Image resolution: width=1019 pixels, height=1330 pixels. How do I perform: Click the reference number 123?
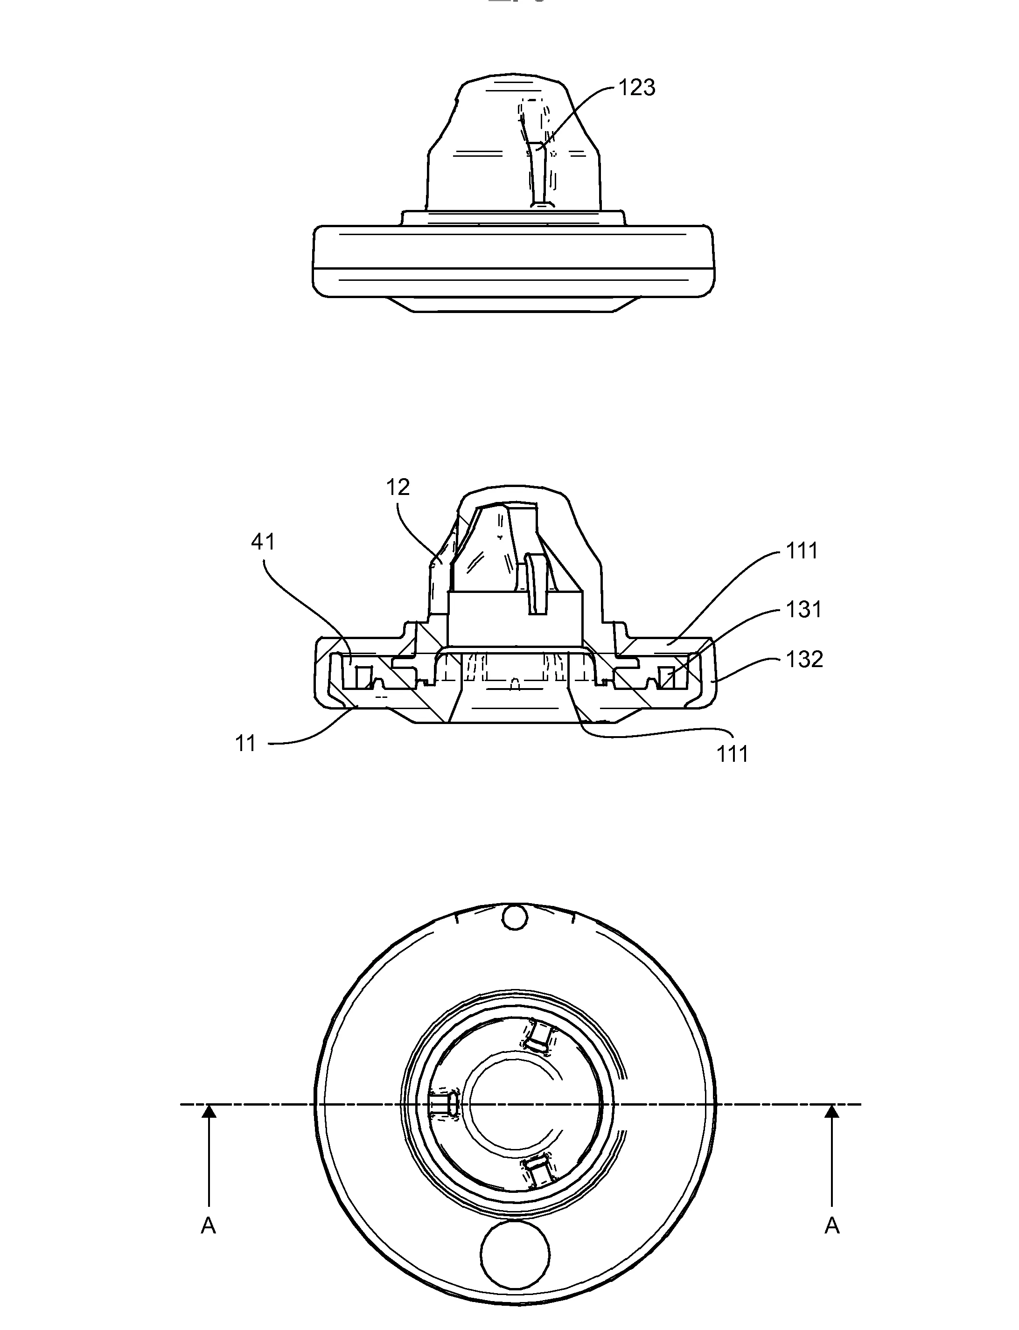tap(636, 88)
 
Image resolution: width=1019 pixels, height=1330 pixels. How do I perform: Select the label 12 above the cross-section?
tap(398, 487)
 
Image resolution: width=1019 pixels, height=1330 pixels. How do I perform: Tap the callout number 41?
tap(263, 542)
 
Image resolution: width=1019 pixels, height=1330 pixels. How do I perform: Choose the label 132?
tap(804, 659)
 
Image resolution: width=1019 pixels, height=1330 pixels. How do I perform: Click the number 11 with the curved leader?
tap(245, 744)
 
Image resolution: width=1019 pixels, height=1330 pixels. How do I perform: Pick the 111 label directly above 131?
tap(802, 551)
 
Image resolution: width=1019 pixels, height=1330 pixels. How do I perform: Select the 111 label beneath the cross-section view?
tap(733, 754)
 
